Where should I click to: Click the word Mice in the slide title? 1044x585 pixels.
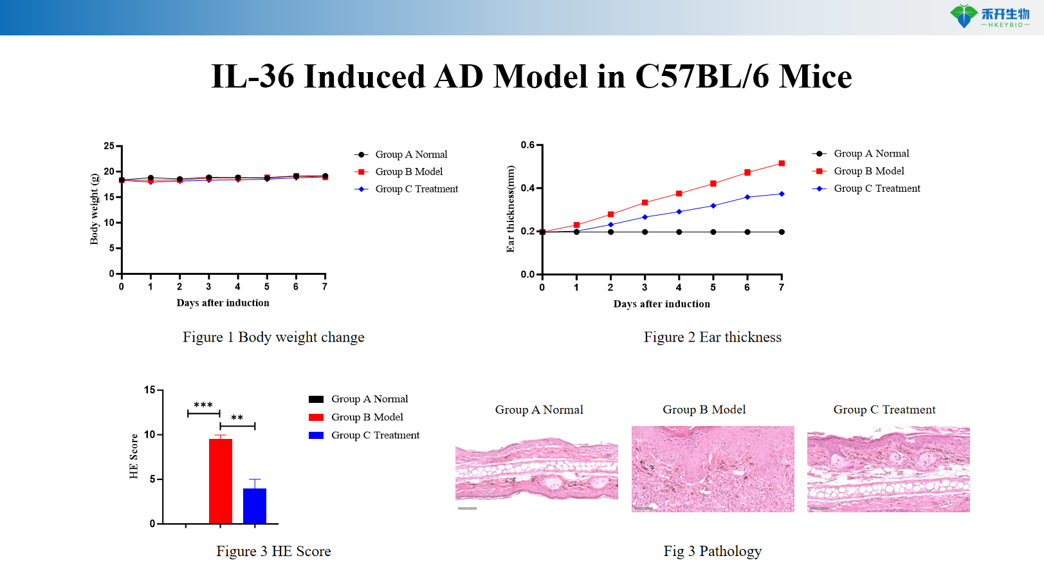[815, 77]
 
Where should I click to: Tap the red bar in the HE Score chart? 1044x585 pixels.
[221, 481]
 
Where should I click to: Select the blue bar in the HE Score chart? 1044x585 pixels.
[255, 506]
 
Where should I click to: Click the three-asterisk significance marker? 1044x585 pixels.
[203, 405]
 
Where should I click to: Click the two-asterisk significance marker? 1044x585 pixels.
[237, 418]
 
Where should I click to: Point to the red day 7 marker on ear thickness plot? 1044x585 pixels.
[782, 163]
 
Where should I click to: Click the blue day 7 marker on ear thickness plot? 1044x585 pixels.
[782, 194]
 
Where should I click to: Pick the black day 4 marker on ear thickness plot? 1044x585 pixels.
[679, 232]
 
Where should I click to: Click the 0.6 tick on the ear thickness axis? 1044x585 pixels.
[528, 145]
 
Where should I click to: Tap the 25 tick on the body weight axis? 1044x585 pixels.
[109, 146]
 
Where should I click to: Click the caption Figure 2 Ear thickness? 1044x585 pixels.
[712, 337]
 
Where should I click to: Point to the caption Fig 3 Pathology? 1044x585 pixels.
[712, 551]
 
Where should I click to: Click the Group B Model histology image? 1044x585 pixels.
[713, 469]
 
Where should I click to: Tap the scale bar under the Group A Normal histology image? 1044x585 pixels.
[467, 508]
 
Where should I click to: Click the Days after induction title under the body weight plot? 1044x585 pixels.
[223, 303]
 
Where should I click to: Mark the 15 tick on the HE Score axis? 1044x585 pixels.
[150, 390]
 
